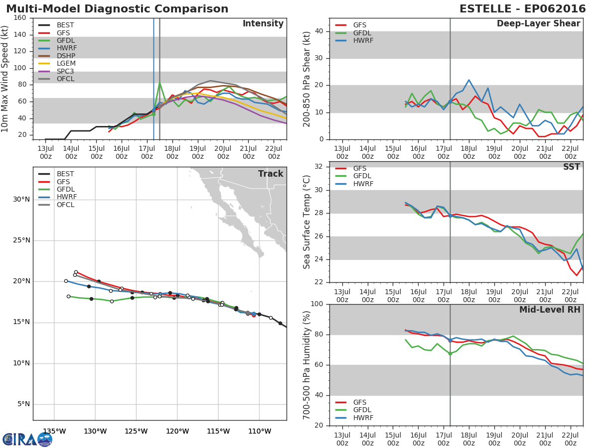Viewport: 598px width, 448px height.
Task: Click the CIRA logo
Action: tap(27, 439)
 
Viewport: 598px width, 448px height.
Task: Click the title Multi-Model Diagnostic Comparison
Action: tap(117, 8)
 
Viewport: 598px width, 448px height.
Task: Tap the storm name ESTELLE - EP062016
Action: tap(523, 8)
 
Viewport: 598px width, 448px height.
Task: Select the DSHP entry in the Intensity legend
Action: tap(57, 56)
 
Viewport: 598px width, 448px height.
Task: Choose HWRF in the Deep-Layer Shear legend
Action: tap(354, 40)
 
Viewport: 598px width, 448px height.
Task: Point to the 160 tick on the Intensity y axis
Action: tap(20, 18)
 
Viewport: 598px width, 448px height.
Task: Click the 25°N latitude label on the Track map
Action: tap(21, 240)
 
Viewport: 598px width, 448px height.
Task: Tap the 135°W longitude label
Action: tap(54, 431)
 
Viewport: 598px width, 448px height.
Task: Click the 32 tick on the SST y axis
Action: tap(319, 166)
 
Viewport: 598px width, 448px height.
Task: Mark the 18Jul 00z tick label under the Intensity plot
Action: tap(172, 152)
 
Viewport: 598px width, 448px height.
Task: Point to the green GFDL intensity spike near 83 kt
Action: tap(159, 83)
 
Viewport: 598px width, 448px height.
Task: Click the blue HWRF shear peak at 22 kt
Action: tap(469, 80)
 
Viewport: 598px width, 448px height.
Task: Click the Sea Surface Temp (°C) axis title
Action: tap(307, 222)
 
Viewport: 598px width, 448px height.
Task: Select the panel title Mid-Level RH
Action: tap(550, 310)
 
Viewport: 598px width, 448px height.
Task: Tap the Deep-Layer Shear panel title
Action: tap(539, 24)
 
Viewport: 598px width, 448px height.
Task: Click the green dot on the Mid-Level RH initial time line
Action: tap(450, 353)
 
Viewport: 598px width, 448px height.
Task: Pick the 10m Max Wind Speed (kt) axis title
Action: tap(4, 79)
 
